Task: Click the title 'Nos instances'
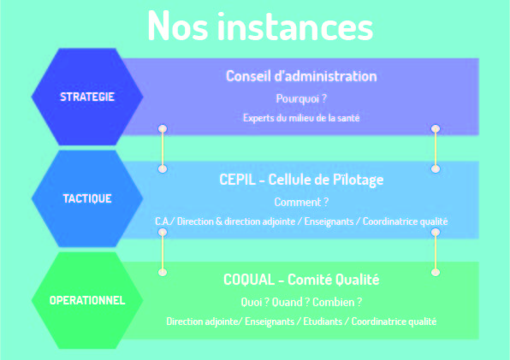pos(260,26)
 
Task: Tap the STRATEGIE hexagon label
pos(87,97)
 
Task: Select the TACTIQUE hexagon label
pos(87,198)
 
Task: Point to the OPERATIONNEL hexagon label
pos(87,300)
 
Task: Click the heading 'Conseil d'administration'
pos(301,76)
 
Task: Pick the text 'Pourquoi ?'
pos(301,98)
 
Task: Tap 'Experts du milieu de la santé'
pos(301,118)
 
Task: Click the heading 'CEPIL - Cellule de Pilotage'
pos(301,180)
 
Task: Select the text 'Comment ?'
pos(301,202)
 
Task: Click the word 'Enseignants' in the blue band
pos(329,221)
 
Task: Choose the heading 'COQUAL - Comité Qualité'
pos(301,280)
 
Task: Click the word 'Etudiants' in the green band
pos(323,322)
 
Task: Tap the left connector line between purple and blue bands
pos(163,149)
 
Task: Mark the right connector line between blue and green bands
pos(436,252)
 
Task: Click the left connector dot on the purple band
pos(163,128)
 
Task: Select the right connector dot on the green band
pos(436,272)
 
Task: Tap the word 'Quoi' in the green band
pos(252,302)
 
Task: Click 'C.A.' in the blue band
pos(163,221)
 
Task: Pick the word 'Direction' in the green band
pos(183,322)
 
